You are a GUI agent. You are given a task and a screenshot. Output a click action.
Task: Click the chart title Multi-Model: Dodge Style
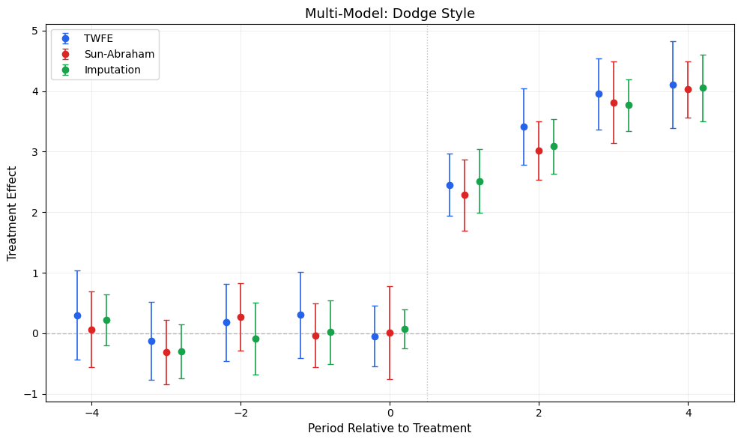click(390, 13)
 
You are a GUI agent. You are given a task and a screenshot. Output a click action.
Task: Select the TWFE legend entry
click(98, 38)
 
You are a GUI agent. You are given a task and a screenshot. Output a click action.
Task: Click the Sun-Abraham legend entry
click(119, 54)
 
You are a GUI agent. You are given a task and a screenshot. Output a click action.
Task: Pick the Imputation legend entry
click(112, 70)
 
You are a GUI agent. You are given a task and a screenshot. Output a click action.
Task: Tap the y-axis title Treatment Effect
click(12, 214)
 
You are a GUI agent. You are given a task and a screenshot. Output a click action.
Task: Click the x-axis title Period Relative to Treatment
click(390, 429)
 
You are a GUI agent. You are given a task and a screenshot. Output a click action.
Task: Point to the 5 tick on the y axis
click(34, 31)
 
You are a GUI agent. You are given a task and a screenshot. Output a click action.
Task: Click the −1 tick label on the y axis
click(31, 394)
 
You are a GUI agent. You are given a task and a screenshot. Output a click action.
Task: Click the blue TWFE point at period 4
click(673, 85)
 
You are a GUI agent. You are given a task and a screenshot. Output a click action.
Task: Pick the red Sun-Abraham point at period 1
click(465, 195)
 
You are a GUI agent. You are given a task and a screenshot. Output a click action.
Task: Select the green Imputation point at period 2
click(554, 146)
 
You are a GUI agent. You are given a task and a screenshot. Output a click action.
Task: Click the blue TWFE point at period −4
click(77, 315)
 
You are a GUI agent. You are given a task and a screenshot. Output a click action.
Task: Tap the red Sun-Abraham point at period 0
click(390, 333)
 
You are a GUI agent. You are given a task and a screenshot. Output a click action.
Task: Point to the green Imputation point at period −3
click(181, 351)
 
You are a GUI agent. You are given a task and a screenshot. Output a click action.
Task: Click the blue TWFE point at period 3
click(599, 94)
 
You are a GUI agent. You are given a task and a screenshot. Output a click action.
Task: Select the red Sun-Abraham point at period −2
click(241, 317)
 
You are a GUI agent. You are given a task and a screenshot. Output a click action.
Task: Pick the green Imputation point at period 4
click(703, 88)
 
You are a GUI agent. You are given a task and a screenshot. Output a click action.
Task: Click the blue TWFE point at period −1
click(300, 315)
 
